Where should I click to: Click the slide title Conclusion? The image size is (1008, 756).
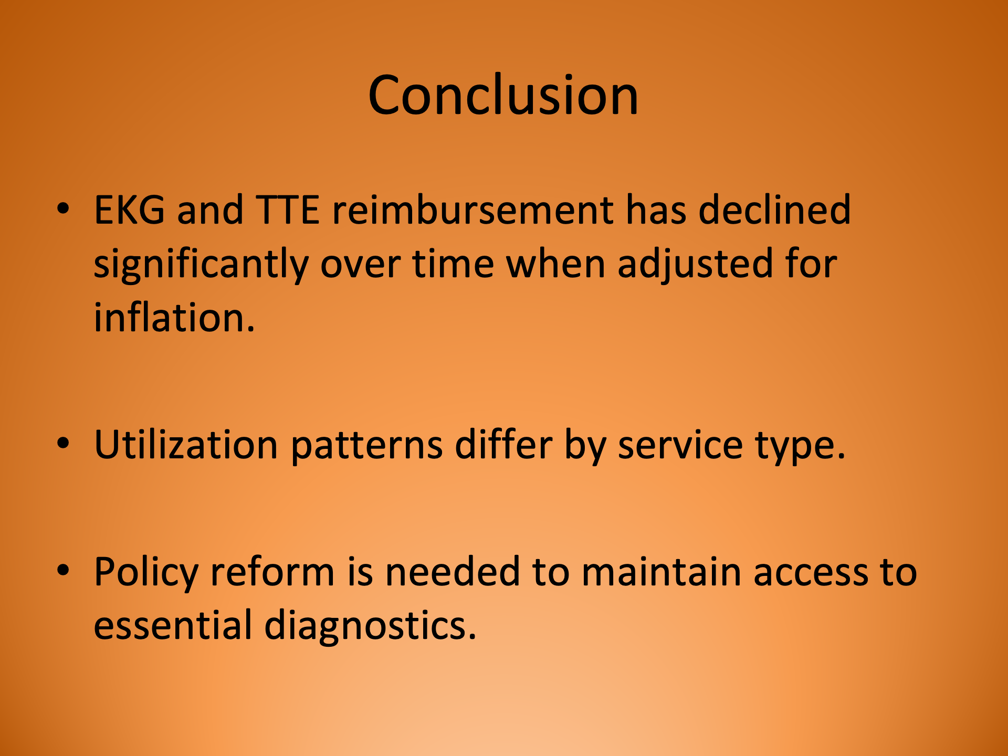503,95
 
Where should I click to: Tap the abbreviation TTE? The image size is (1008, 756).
287,210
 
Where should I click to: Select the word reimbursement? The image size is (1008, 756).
472,210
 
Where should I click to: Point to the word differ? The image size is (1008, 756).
503,445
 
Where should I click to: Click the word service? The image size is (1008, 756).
680,445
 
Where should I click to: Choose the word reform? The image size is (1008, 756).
272,572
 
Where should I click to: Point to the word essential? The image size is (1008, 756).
173,626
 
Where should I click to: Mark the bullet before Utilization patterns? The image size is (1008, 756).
63,444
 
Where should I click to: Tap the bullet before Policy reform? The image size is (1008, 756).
63,571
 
